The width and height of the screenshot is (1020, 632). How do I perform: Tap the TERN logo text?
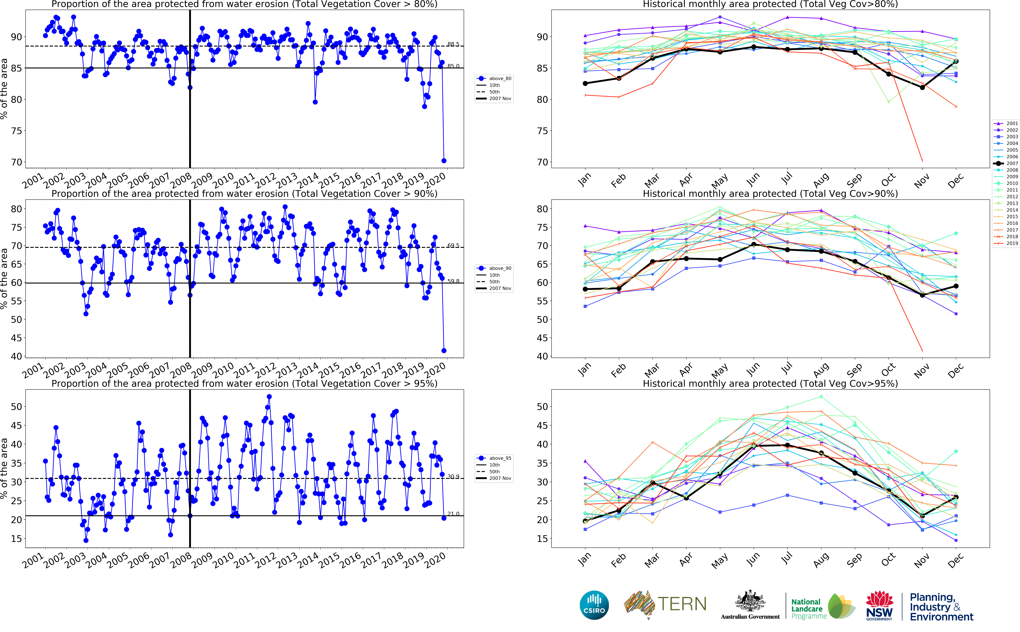[x=682, y=604]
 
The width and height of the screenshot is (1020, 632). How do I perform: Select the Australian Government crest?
[x=750, y=602]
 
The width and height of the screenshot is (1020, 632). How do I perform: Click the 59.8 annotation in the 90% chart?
[x=453, y=281]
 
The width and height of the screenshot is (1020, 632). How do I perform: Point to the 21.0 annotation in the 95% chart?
[x=453, y=514]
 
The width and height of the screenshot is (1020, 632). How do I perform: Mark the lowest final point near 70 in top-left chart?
[x=444, y=160]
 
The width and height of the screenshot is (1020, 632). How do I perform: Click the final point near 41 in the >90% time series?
[x=444, y=351]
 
